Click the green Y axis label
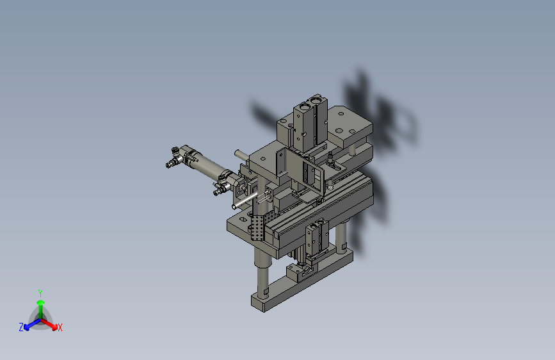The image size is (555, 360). (x=40, y=293)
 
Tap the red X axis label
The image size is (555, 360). (x=60, y=327)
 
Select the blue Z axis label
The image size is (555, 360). (x=21, y=327)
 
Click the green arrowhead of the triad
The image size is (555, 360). (x=41, y=303)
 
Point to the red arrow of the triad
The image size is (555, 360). (x=49, y=324)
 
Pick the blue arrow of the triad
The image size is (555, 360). (x=33, y=324)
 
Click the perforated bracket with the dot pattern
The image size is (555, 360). (x=258, y=227)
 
